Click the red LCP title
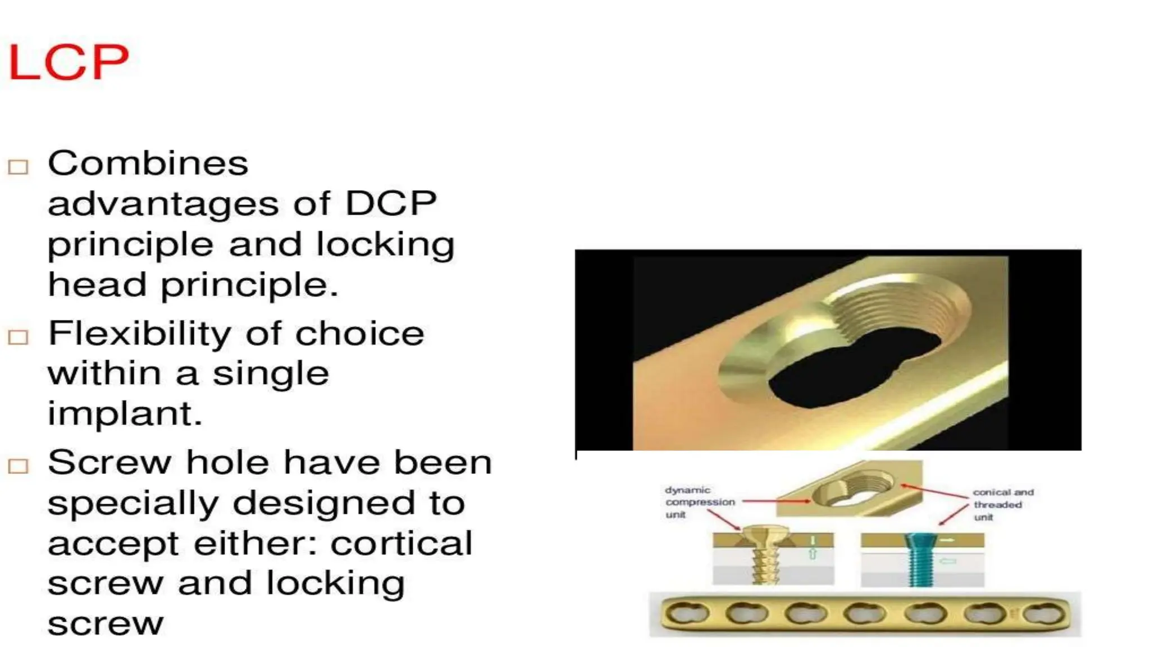pyautogui.click(x=69, y=62)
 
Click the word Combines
pyautogui.click(x=148, y=164)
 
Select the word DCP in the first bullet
pyautogui.click(x=391, y=203)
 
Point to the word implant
pyautogui.click(x=125, y=414)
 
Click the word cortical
pyautogui.click(x=401, y=544)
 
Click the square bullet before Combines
pyautogui.click(x=18, y=167)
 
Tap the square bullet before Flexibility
pyautogui.click(x=18, y=337)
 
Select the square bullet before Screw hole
pyautogui.click(x=18, y=466)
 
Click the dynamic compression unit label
pyautogui.click(x=699, y=502)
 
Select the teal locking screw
pyautogui.click(x=919, y=559)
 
